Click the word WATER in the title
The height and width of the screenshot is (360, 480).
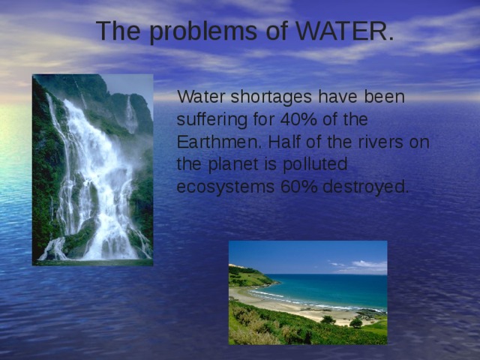(345, 31)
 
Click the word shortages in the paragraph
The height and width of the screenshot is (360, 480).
(266, 97)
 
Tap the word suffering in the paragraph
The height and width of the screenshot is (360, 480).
(211, 119)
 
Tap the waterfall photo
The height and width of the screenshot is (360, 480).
(92, 169)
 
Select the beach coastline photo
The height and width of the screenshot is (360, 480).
(307, 292)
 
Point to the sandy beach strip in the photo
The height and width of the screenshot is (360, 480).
(300, 306)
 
